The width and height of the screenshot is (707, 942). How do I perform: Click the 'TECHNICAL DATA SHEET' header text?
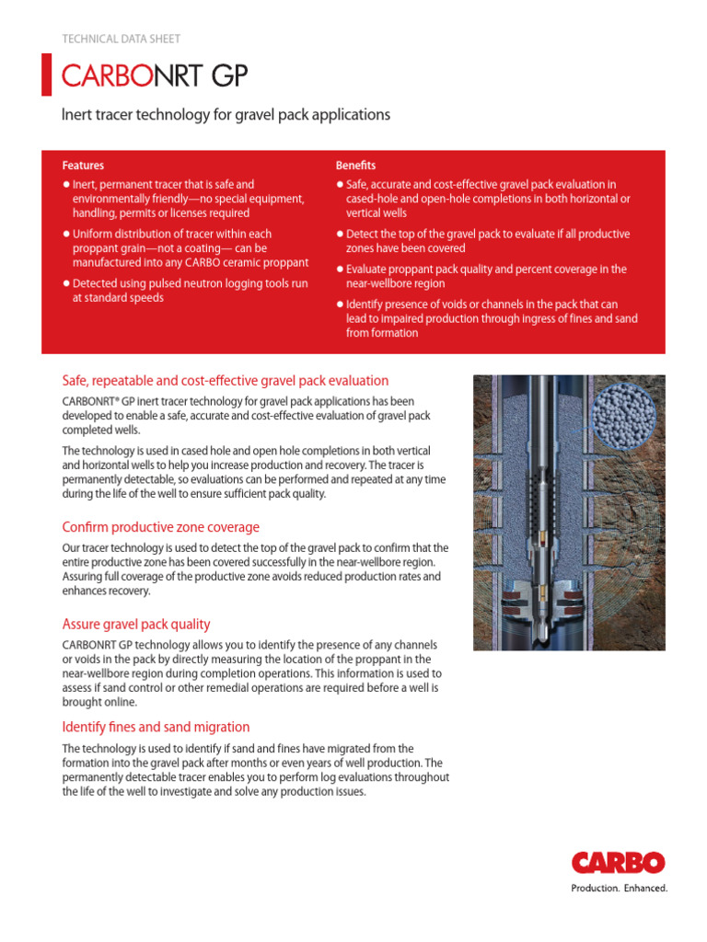point(121,39)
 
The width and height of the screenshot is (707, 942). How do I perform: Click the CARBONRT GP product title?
point(155,76)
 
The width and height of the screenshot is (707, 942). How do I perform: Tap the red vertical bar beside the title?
point(47,75)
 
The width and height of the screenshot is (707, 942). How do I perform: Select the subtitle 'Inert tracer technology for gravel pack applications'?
point(226,115)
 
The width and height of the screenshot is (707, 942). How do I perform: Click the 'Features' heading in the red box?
point(83,166)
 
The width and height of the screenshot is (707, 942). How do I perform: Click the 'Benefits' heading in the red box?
point(356,166)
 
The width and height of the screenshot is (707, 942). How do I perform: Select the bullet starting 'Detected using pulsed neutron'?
point(184,291)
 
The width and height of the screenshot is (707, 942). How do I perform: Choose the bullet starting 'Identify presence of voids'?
point(488,318)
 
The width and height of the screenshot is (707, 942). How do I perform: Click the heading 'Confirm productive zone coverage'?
point(160,527)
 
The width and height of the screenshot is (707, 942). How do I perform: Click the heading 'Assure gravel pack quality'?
point(136,624)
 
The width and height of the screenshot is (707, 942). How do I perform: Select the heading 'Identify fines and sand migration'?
point(156,727)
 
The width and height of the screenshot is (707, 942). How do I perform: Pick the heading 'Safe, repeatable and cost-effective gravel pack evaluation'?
point(226,381)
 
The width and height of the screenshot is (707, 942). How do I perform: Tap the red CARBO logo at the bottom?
point(618,863)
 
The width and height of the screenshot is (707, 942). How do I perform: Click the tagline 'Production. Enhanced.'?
point(619,889)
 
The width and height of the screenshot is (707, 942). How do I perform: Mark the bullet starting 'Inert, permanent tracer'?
point(184,199)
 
